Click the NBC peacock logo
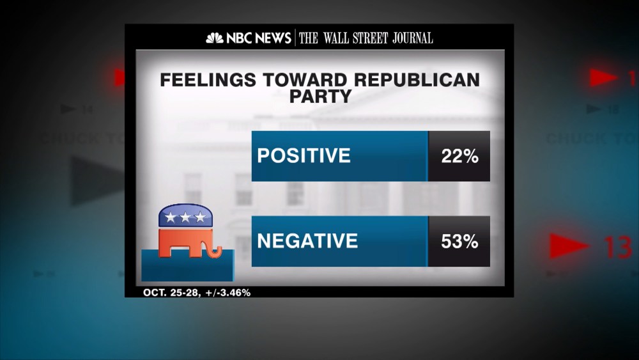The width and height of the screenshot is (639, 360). point(215,38)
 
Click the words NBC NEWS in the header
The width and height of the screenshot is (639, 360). point(258,38)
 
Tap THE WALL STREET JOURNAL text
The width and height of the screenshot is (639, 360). point(366,38)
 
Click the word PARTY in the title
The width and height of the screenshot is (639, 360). point(320,96)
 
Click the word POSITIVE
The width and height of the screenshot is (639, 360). point(304,156)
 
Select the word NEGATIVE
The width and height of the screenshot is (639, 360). point(307,241)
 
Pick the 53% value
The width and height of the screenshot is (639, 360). point(459,242)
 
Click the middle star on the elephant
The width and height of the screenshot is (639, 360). point(185,217)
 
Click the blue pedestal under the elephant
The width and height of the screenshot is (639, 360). point(188,265)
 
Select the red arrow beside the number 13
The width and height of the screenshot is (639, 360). point(569,246)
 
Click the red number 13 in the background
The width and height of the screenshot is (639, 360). point(617,247)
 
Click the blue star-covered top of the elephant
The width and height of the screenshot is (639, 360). point(185,216)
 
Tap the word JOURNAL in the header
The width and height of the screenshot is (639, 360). point(410,38)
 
